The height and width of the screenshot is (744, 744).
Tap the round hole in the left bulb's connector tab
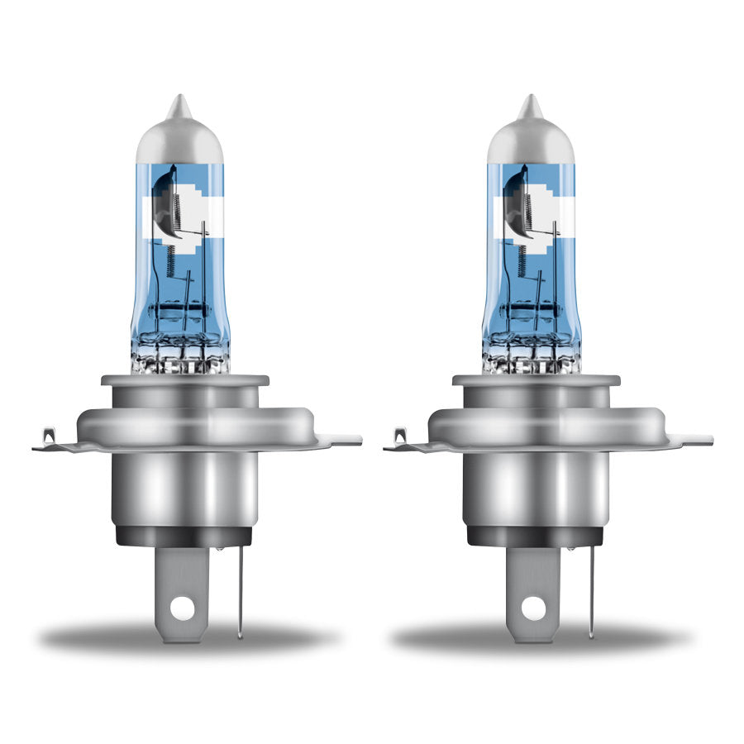click(183, 607)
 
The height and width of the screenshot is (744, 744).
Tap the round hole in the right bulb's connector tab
click(534, 607)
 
